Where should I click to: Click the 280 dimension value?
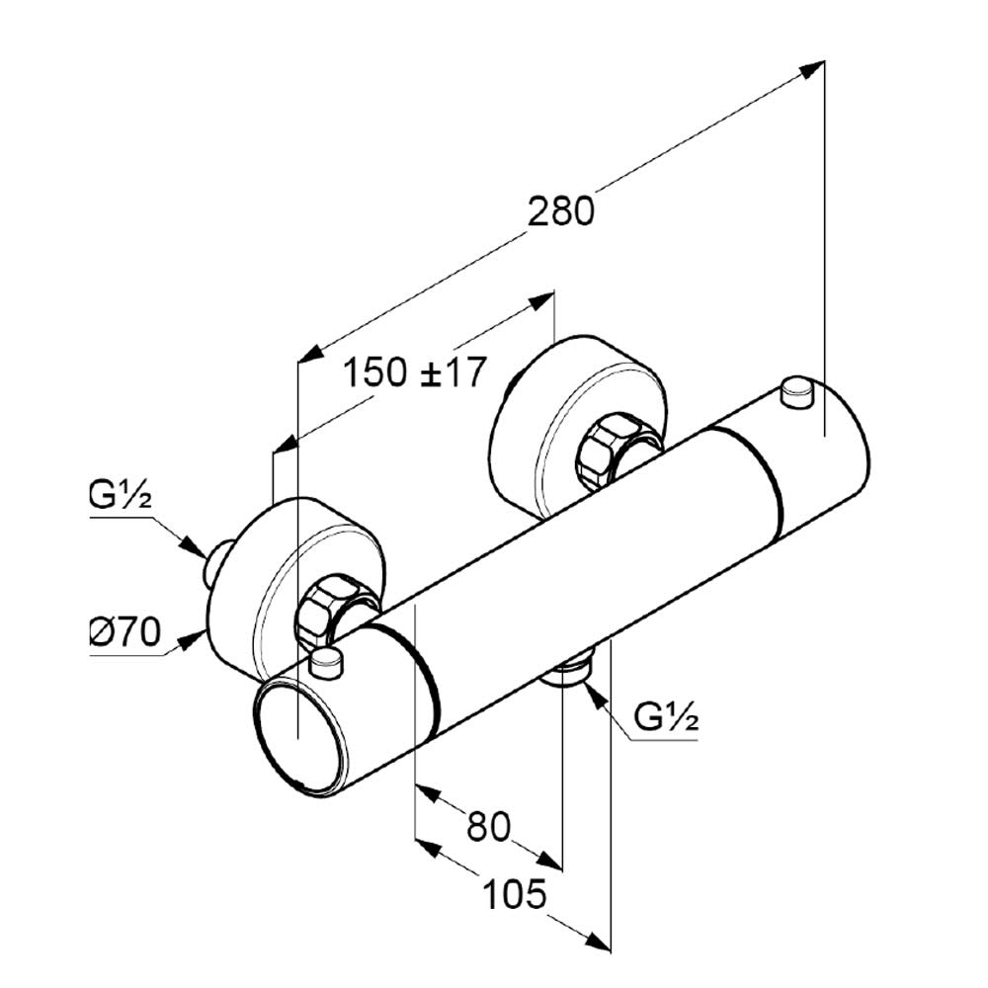[x=561, y=211]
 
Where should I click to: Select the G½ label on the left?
[x=120, y=497]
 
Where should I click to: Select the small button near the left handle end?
[x=325, y=663]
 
